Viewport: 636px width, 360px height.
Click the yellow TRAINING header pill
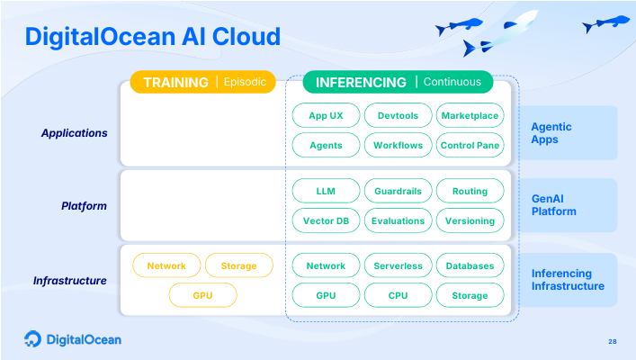click(202, 82)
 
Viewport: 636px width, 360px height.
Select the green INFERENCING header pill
click(397, 82)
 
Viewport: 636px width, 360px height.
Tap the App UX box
click(326, 116)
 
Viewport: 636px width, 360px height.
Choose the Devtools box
click(398, 116)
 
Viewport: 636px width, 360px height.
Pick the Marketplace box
click(470, 116)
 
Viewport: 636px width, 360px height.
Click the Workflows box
click(398, 145)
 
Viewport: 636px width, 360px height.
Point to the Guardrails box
click(398, 191)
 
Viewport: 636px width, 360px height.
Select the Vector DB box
click(326, 220)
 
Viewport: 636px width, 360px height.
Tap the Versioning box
click(470, 220)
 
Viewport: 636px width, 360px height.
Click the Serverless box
click(398, 265)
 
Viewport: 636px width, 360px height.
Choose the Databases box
click(470, 265)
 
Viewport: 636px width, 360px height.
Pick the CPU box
click(398, 295)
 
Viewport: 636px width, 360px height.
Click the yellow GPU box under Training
click(202, 295)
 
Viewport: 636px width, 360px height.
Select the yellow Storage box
click(238, 265)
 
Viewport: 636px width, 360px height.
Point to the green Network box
click(326, 265)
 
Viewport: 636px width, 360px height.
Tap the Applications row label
click(74, 133)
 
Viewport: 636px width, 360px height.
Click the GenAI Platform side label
click(553, 205)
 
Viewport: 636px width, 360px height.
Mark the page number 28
click(613, 341)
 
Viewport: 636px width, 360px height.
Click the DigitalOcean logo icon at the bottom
click(32, 339)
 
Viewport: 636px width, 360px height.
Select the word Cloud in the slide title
click(246, 37)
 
